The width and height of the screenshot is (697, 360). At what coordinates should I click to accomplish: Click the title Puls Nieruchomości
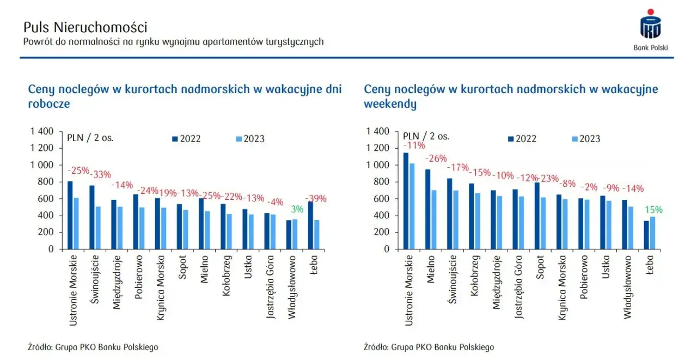pos(85,27)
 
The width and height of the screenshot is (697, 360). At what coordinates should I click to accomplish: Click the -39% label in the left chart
pos(315,199)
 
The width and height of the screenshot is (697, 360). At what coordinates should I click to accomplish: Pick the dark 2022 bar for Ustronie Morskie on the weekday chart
pos(70,215)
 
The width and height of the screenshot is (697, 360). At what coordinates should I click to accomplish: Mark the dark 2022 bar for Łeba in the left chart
pos(310,225)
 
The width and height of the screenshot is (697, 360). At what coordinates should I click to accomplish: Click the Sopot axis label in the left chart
pos(182,272)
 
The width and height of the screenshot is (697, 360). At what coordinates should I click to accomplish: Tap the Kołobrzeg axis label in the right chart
pos(474,278)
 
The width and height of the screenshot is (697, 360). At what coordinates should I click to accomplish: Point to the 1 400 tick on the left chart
pos(41,131)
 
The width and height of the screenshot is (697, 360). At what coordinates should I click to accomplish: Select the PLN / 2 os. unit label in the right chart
pos(426,136)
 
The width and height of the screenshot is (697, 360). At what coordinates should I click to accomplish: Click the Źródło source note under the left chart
pos(93,347)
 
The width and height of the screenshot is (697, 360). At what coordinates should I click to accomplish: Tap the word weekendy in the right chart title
pos(390,103)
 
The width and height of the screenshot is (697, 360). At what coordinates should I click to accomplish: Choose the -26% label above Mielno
pos(436,158)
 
